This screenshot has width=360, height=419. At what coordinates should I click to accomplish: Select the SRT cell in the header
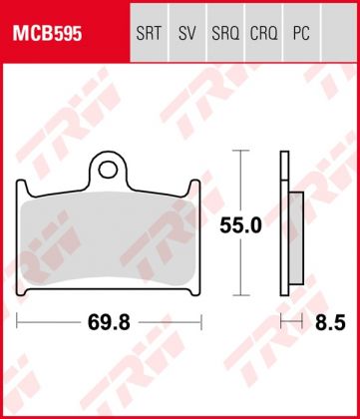point(150,32)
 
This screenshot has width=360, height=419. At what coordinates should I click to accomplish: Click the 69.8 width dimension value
point(111,322)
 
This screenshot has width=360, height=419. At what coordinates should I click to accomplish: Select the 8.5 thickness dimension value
point(318,322)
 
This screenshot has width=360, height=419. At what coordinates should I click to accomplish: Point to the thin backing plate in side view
point(284,224)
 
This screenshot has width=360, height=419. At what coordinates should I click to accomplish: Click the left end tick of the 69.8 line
point(19,322)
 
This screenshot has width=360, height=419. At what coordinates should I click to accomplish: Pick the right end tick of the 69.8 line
point(202,322)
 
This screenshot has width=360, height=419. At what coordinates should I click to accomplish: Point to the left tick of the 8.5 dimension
point(281,322)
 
